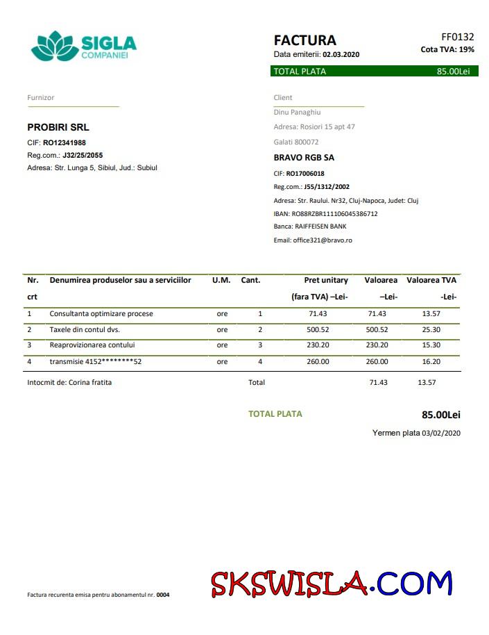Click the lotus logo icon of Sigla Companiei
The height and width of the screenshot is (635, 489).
pyautogui.click(x=54, y=46)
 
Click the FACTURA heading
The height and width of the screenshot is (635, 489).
pyautogui.click(x=304, y=40)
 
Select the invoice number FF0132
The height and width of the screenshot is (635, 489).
pyautogui.click(x=457, y=37)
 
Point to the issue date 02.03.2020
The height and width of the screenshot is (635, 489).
pyautogui.click(x=341, y=54)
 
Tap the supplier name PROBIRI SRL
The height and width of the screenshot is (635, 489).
pyautogui.click(x=58, y=128)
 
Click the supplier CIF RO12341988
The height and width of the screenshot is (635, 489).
pyautogui.click(x=65, y=142)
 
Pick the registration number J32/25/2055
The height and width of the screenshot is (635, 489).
pyautogui.click(x=83, y=155)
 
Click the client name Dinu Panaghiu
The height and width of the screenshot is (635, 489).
pyautogui.click(x=297, y=112)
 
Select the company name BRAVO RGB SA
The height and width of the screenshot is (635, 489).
pyautogui.click(x=304, y=158)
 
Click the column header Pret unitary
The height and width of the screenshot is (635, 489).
pyautogui.click(x=326, y=280)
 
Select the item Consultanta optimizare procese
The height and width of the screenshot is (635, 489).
pyautogui.click(x=101, y=314)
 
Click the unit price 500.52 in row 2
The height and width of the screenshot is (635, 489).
pyautogui.click(x=317, y=329)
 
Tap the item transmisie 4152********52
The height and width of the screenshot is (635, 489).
pyautogui.click(x=95, y=362)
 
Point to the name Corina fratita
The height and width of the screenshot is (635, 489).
pyautogui.click(x=90, y=382)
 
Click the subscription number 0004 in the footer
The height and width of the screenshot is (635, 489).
pyautogui.click(x=163, y=595)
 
